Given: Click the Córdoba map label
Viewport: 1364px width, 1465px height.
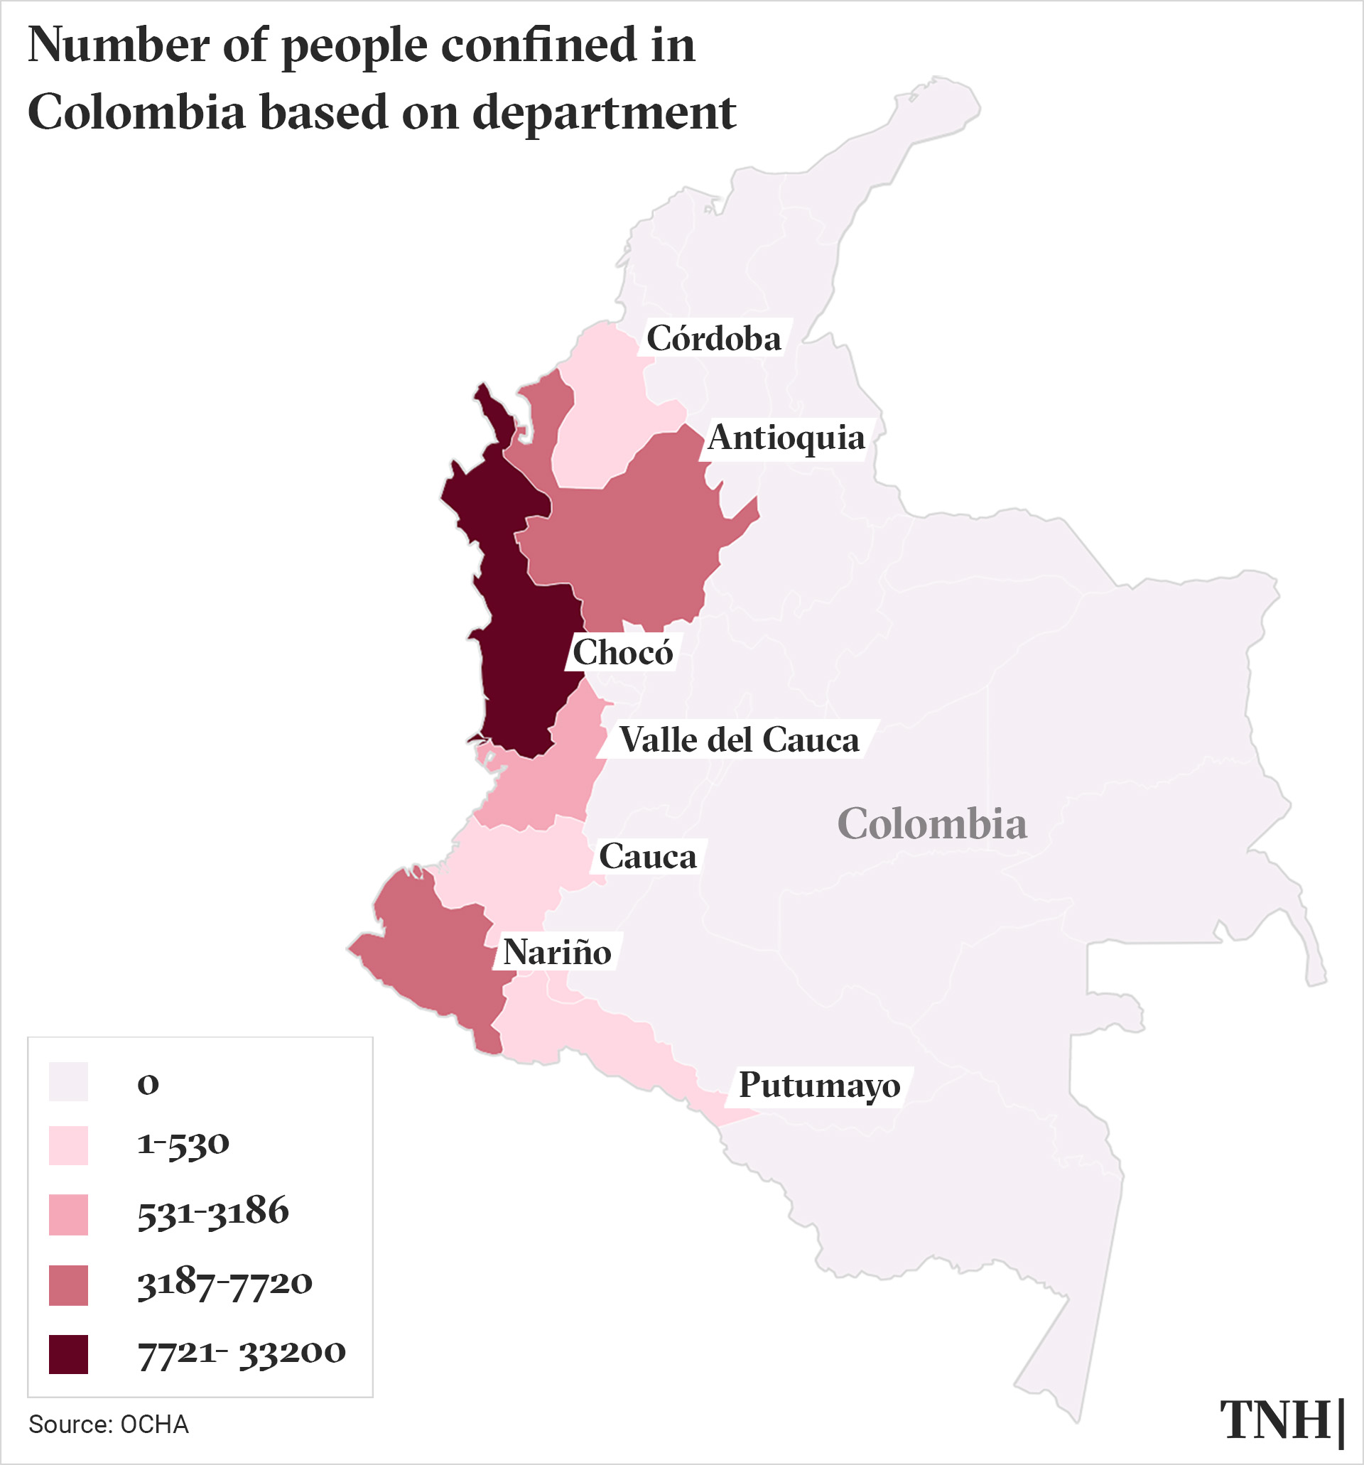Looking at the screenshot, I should click(713, 339).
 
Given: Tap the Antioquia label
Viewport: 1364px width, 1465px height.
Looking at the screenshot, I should click(786, 438).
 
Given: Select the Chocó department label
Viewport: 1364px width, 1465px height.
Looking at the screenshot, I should click(622, 653).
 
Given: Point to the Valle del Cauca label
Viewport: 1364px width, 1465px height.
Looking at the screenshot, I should click(738, 740).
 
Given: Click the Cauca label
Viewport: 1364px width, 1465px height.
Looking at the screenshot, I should click(647, 857).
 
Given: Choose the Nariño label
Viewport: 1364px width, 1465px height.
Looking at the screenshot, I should click(557, 953).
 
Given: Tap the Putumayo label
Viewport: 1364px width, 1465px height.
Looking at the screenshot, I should click(818, 1086).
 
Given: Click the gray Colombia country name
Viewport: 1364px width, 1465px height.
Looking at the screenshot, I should click(931, 824).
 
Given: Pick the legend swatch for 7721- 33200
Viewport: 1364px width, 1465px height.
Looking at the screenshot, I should click(68, 1354).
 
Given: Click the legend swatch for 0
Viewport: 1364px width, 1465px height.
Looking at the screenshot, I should click(68, 1082).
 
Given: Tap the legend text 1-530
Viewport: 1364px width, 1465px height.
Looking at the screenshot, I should click(183, 1145).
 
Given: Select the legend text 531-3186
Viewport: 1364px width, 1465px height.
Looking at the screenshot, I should click(213, 1212).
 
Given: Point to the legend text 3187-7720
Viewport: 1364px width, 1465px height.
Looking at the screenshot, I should click(224, 1284).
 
